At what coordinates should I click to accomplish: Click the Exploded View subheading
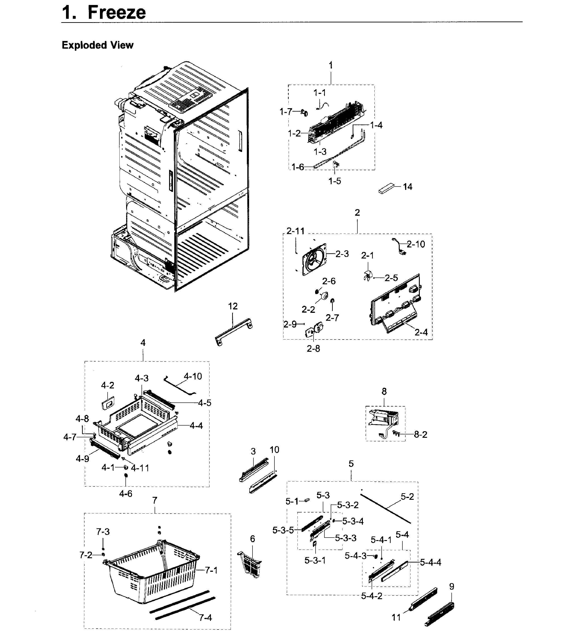[97, 45]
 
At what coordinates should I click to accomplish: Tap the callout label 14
[408, 187]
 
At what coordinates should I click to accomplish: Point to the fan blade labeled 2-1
[367, 277]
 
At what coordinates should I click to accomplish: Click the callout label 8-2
[421, 435]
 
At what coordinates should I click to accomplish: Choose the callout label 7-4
[205, 617]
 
